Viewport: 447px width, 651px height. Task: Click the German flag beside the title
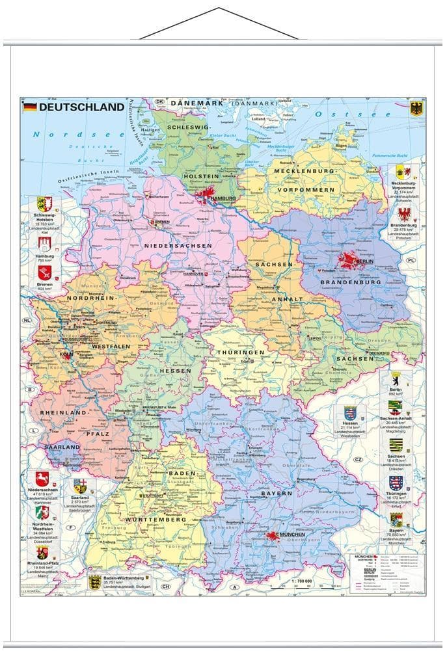pyautogui.click(x=30, y=107)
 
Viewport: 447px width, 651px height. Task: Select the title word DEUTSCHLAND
pyautogui.click(x=81, y=107)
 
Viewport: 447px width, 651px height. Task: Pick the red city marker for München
pyautogui.click(x=273, y=537)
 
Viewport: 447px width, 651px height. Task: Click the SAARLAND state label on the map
pyautogui.click(x=62, y=447)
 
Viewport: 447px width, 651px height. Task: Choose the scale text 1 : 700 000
pyautogui.click(x=305, y=579)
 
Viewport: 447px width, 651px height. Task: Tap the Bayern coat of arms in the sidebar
pyautogui.click(x=396, y=519)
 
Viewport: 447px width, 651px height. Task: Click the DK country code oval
pyautogui.click(x=159, y=102)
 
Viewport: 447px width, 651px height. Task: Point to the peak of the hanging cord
pyautogui.click(x=219, y=9)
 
